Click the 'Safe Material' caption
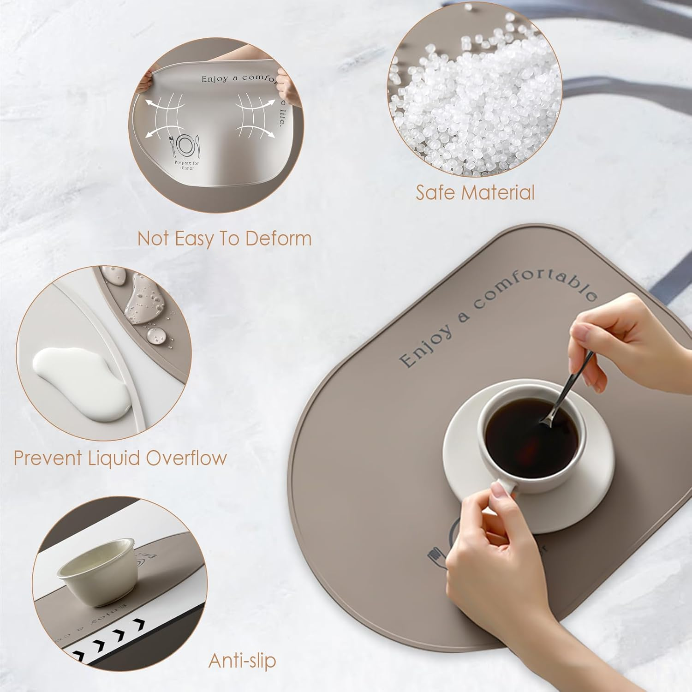tap(475, 192)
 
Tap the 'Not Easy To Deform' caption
tap(225, 239)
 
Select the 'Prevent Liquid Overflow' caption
tap(120, 458)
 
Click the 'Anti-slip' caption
tap(242, 660)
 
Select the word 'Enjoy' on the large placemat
tap(425, 345)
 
